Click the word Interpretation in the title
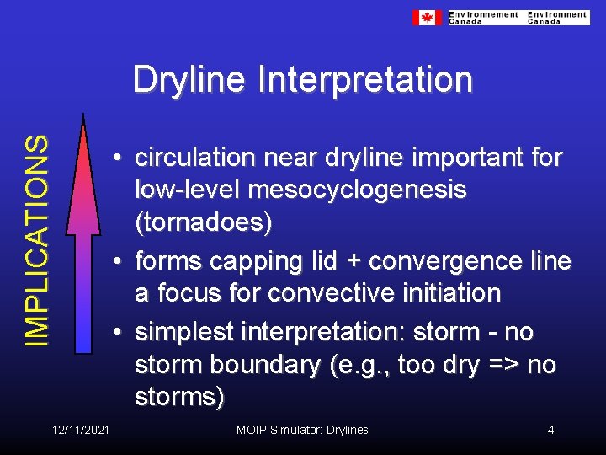[x=365, y=81]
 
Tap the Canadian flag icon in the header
[x=427, y=18]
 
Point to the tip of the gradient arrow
[x=82, y=118]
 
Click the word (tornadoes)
[x=203, y=224]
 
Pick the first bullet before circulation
[x=121, y=158]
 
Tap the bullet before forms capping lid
[x=121, y=262]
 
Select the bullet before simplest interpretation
[x=121, y=332]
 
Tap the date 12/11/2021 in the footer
[x=80, y=430]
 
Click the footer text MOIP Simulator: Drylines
[x=302, y=430]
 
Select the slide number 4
[x=550, y=430]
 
